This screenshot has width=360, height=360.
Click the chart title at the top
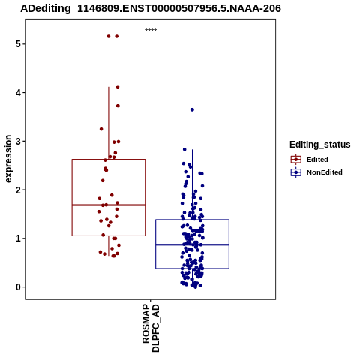[151, 8]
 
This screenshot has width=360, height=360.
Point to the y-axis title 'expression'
[8, 159]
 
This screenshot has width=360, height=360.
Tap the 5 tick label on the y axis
[18, 44]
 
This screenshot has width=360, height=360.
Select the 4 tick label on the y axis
[18, 93]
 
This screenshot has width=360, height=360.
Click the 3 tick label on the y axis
[18, 141]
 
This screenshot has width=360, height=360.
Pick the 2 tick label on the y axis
[18, 190]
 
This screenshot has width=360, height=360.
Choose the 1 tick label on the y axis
[18, 238]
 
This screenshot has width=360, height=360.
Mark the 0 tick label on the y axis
[18, 287]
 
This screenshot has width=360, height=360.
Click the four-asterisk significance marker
[151, 30]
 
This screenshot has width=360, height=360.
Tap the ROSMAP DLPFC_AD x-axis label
[151, 328]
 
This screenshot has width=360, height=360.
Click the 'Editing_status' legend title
[320, 145]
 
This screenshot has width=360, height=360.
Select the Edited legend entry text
[317, 160]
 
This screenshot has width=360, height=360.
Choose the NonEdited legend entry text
[325, 172]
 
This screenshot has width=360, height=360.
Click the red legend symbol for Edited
[296, 160]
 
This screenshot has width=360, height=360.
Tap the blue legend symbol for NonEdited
[296, 172]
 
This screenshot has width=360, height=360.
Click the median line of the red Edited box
[109, 205]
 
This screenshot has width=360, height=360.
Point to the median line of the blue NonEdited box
[192, 244]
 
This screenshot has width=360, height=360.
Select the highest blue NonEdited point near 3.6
[192, 109]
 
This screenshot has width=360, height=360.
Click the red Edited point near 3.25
[101, 129]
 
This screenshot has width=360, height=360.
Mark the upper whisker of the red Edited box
[109, 123]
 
